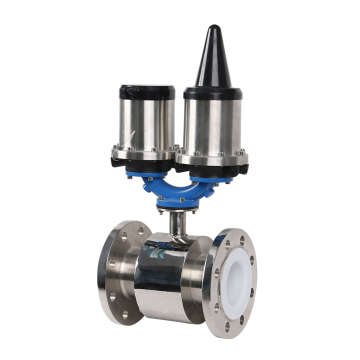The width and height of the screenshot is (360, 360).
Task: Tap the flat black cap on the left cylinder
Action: (x=148, y=89)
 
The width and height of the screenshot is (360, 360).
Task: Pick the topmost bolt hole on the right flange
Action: (x=237, y=240)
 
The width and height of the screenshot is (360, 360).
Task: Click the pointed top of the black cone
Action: (x=212, y=29)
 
